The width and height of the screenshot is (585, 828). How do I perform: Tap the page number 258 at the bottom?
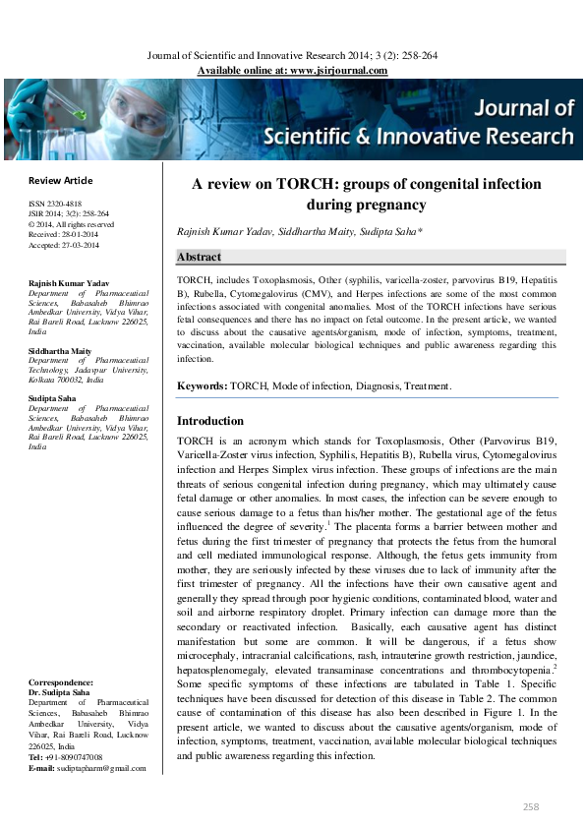(531, 805)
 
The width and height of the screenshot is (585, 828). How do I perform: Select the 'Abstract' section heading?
(199, 258)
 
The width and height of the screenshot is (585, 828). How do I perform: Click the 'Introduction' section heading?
(209, 421)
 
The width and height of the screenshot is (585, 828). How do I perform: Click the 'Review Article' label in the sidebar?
(61, 180)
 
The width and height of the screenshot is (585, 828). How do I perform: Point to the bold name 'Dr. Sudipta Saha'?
(61, 691)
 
